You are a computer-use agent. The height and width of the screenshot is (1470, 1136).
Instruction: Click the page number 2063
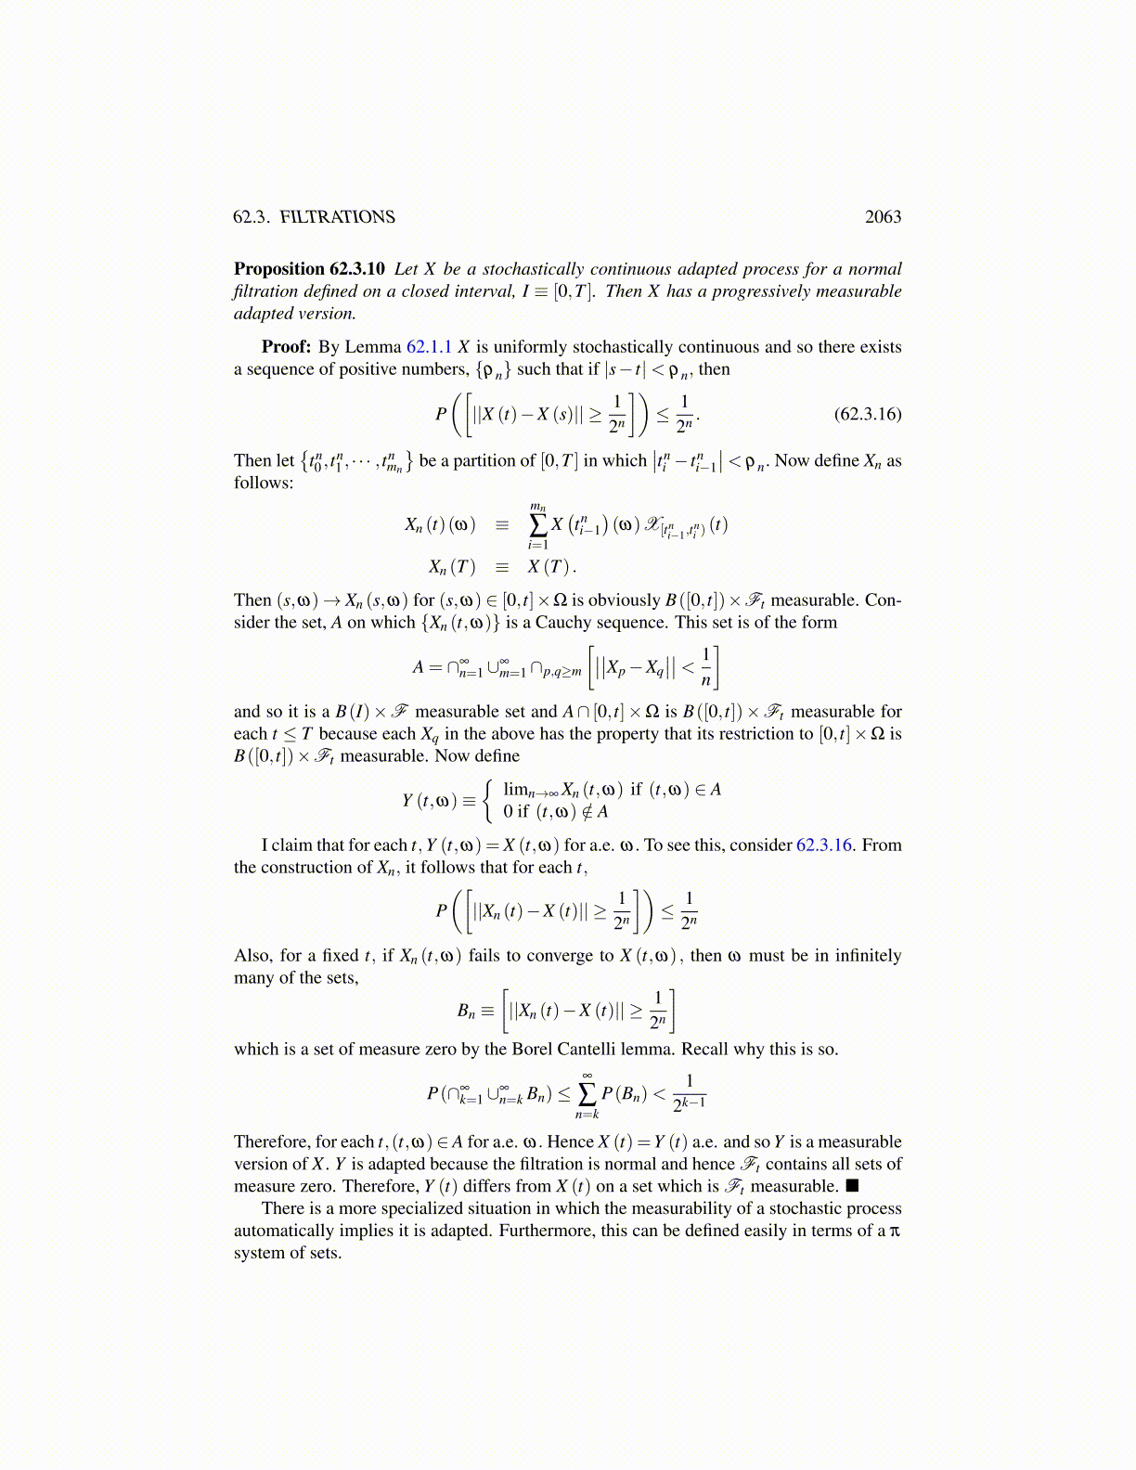(x=883, y=217)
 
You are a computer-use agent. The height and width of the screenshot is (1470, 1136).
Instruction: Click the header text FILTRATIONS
(x=338, y=217)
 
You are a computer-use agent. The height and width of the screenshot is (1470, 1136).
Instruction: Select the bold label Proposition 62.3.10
(x=309, y=269)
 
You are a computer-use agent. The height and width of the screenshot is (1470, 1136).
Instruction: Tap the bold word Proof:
(x=286, y=347)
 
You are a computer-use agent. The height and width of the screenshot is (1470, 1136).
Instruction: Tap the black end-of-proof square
(x=851, y=1187)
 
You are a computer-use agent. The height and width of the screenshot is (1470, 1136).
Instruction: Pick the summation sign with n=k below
(x=587, y=1094)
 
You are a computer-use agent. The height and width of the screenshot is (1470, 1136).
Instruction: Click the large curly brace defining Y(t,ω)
(x=488, y=801)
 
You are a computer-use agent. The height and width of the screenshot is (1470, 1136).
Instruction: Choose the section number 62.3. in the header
(x=252, y=217)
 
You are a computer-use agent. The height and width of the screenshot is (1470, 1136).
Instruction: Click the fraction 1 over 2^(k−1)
(x=689, y=1092)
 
